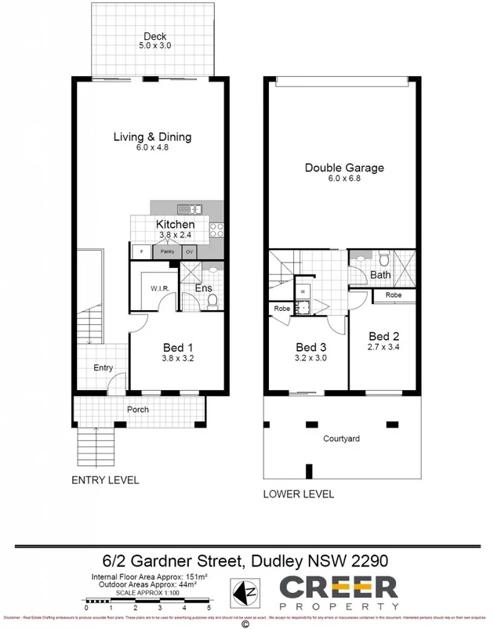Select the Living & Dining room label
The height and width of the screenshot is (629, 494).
[152, 137]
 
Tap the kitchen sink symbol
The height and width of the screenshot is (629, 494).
[189, 209]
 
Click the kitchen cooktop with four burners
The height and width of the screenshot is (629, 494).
[216, 230]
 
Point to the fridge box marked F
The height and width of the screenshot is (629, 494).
[141, 251]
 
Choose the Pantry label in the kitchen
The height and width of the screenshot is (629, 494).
[167, 251]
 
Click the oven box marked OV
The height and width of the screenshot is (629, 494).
[189, 251]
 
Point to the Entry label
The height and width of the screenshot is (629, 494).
[103, 367]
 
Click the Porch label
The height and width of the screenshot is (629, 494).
[137, 410]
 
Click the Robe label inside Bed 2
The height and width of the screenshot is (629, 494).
[394, 296]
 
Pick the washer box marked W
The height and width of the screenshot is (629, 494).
[302, 291]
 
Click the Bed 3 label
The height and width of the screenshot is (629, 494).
[311, 347]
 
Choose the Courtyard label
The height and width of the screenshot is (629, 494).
[341, 439]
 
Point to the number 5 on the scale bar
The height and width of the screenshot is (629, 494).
[209, 608]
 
